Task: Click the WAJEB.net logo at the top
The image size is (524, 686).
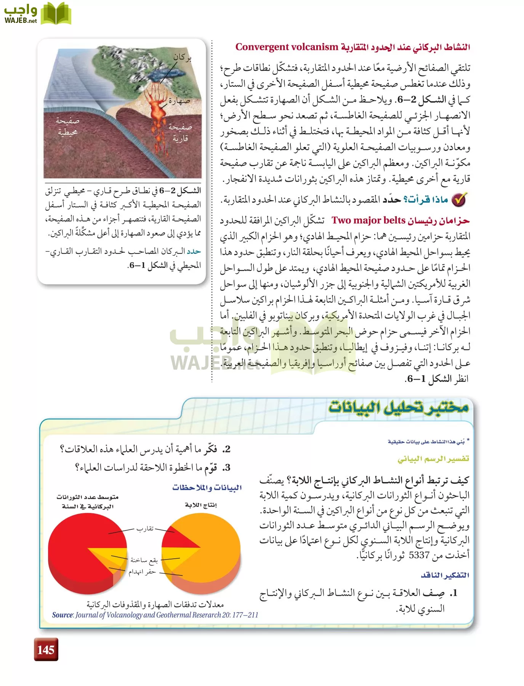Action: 37,14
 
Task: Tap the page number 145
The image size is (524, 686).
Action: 46,649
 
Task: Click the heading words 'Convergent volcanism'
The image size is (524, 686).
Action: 287,47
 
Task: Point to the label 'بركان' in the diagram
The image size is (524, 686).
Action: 182,58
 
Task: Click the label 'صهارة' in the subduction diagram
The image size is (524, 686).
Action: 179,101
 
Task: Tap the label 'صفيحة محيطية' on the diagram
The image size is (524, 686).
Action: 67,127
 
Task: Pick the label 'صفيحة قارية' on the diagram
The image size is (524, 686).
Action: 180,132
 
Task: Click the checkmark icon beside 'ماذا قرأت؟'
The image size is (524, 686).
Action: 460,200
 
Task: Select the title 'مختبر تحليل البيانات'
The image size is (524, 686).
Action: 398,407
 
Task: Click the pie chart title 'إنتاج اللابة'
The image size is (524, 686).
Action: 201,505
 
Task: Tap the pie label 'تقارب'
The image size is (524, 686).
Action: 145,529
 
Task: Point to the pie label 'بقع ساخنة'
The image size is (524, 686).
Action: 144,560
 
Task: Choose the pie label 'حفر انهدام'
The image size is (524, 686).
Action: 142,572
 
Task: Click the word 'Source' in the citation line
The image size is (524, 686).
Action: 62,615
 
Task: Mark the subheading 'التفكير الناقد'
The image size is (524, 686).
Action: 445,575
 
